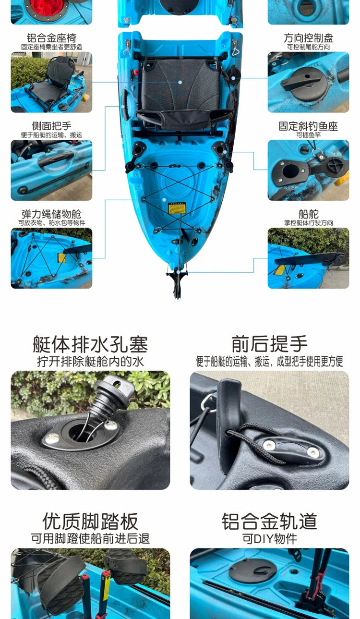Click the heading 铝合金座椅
(x=51, y=38)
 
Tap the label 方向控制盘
(x=308, y=38)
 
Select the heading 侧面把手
(x=51, y=126)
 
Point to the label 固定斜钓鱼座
(x=308, y=126)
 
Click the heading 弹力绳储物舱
(x=51, y=214)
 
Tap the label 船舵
(x=308, y=214)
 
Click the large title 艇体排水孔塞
(x=90, y=344)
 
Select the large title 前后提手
(x=269, y=344)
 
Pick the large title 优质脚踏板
(x=90, y=521)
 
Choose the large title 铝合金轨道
(x=269, y=521)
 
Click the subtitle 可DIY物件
(x=269, y=538)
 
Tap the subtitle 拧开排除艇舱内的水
(x=90, y=361)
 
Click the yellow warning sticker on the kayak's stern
(x=174, y=208)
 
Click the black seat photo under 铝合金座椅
(x=52, y=82)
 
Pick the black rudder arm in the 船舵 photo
(x=307, y=260)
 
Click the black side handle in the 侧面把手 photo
(x=56, y=158)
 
